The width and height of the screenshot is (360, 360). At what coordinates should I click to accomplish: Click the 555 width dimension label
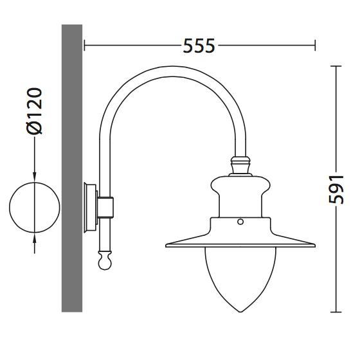click(x=199, y=46)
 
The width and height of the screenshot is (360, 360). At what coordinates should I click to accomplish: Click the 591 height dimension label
click(x=336, y=190)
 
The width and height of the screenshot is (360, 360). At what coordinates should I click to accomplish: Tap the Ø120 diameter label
click(x=35, y=111)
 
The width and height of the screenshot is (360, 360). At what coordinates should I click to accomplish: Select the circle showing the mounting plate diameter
click(x=35, y=208)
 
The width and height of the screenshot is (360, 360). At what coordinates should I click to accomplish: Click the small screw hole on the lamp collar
click(x=240, y=222)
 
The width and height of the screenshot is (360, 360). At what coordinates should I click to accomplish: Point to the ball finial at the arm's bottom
click(x=105, y=261)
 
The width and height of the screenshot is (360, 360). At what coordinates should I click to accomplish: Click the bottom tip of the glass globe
click(x=240, y=312)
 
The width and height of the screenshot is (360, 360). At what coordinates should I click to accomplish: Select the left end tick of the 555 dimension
click(x=84, y=45)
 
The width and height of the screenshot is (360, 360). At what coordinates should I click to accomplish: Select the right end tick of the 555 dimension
click(x=315, y=45)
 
